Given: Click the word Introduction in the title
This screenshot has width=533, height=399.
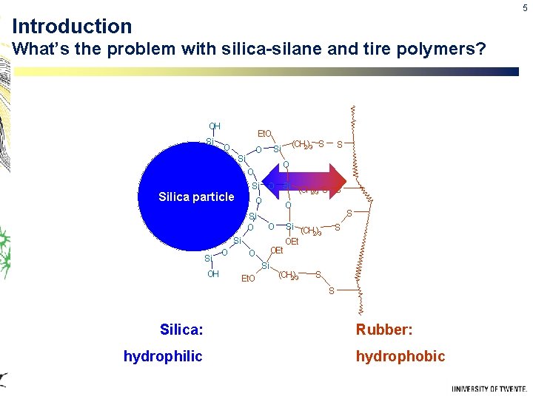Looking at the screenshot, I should pos(72,27).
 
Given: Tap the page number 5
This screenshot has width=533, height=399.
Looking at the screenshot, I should pos(525,7).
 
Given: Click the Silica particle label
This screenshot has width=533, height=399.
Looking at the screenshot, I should pos(196,197).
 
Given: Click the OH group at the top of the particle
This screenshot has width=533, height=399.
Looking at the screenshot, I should pos(214,126).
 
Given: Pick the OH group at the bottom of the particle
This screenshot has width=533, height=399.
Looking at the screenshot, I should pos(213,273).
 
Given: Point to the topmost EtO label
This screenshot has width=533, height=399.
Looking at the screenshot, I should pos(264,134).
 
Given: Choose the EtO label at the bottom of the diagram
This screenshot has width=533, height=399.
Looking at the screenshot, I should pos(248,279).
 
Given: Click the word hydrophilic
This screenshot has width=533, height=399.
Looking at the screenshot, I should pos(162,357).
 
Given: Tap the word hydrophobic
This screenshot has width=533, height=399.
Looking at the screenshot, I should pos(400,357).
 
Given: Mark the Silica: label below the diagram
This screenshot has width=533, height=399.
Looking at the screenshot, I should pos(181,329).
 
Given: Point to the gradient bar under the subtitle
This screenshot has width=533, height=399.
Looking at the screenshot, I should pos(266,72).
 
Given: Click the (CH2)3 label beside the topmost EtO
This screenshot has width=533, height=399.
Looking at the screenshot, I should pos(302,144).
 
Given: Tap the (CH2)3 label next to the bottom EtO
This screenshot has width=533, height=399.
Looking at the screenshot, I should pos(288,276).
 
